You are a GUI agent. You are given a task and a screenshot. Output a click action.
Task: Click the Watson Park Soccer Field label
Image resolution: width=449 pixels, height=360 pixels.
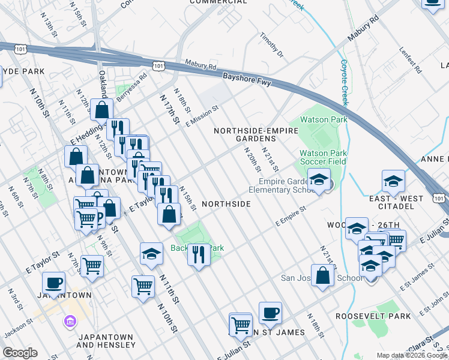coord(323,157)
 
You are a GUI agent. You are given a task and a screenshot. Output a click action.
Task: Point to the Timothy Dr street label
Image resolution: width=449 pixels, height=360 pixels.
coord(271,45)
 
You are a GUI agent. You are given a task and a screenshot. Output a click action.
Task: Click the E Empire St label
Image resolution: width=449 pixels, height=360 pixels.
coord(291,216)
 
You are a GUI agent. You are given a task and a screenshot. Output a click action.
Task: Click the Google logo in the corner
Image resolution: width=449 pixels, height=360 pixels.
coord(20,353)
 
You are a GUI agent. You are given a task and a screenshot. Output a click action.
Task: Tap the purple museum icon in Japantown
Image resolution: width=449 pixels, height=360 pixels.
coord(70,322)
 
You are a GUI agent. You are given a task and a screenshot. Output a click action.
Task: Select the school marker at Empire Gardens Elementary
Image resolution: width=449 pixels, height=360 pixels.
coord(319,178)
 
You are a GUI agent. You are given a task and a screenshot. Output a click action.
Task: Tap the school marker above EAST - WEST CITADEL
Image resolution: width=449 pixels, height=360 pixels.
coord(393,180)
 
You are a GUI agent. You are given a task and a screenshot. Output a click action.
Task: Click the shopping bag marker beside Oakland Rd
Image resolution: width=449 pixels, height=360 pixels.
coord(102,110)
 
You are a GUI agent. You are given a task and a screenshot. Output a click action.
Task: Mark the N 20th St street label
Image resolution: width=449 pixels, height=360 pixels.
coord(250,158)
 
